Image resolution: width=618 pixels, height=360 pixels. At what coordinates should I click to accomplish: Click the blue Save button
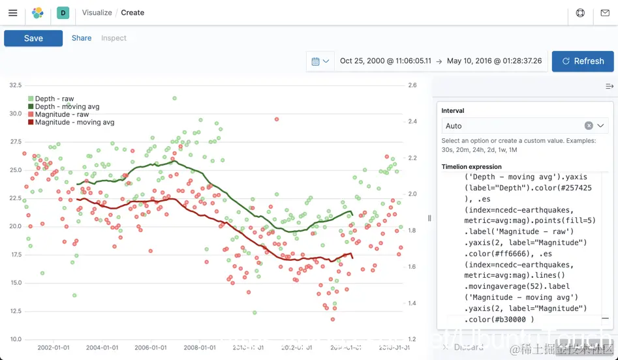click(33, 38)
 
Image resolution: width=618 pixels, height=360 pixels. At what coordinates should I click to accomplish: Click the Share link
click(82, 38)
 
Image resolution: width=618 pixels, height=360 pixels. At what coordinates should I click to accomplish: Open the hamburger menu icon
click(13, 12)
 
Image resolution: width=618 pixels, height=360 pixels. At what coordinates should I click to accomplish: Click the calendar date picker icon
click(320, 61)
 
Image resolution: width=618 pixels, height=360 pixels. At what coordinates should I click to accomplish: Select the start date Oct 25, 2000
click(385, 61)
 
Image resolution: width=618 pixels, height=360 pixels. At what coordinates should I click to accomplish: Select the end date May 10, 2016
click(494, 61)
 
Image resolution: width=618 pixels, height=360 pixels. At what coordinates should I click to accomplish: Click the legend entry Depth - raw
click(54, 99)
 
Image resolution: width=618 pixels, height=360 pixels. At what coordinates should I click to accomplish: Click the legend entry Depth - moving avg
click(67, 107)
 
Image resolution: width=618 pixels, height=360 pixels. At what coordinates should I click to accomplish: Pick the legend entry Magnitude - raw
click(61, 115)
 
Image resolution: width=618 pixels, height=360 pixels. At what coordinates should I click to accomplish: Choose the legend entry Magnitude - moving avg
click(74, 123)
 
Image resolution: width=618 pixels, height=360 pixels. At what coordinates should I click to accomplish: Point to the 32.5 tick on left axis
click(15, 85)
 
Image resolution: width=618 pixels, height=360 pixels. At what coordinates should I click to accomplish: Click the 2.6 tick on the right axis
click(412, 85)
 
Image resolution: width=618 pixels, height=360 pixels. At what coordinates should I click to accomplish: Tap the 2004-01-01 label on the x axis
click(102, 348)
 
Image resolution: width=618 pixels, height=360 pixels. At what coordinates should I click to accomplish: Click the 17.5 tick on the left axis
click(15, 254)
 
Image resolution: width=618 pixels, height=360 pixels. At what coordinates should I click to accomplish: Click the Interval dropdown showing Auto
click(516, 126)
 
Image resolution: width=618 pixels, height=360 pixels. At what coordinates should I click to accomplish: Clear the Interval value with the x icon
click(589, 126)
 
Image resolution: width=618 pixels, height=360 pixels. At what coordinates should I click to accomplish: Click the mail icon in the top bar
click(605, 13)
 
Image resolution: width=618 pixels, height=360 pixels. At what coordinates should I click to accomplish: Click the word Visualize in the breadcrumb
click(97, 13)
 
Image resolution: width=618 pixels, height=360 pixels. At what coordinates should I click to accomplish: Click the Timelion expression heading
click(471, 167)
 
